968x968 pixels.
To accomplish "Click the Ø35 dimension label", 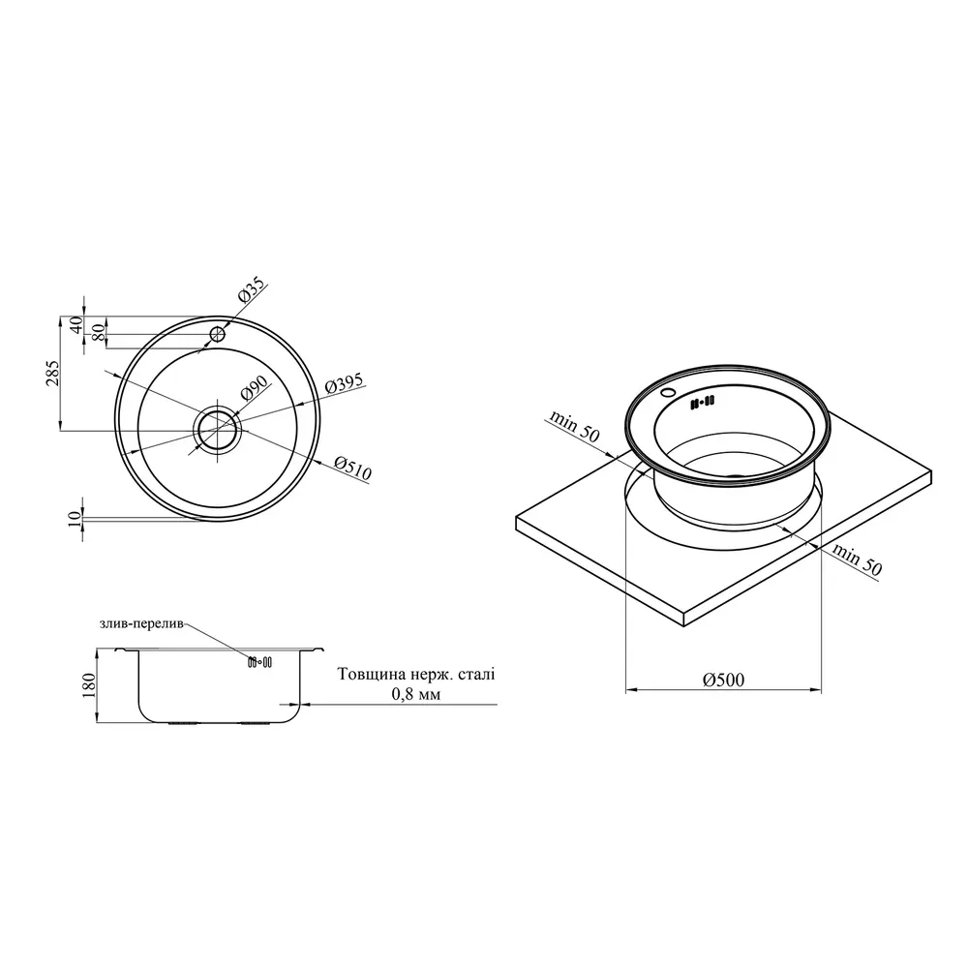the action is pyautogui.click(x=252, y=288).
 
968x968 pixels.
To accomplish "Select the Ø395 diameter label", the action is pyautogui.click(x=344, y=383).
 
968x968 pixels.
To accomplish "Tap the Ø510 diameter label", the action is pyautogui.click(x=352, y=469).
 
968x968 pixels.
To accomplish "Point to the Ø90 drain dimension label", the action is pyautogui.click(x=254, y=388).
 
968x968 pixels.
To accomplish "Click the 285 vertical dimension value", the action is pyautogui.click(x=53, y=374).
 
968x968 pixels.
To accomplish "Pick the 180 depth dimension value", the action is pyautogui.click(x=89, y=686).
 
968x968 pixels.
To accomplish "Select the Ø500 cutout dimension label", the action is pyautogui.click(x=723, y=680).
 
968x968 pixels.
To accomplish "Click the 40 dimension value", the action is pyautogui.click(x=76, y=324).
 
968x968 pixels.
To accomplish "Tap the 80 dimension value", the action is pyautogui.click(x=98, y=333).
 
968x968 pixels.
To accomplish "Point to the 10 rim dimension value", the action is pyautogui.click(x=75, y=519).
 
